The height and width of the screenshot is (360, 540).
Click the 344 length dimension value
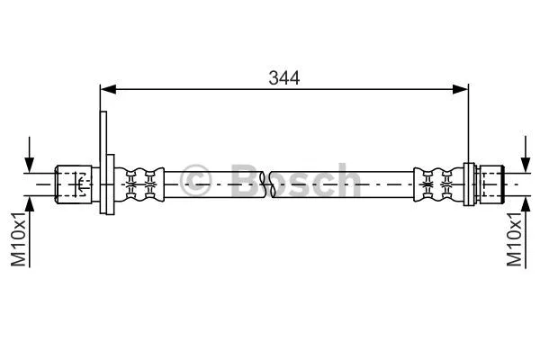click(283, 77)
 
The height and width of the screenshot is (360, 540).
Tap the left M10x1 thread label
click(18, 238)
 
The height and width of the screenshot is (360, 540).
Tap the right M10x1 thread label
click(515, 238)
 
